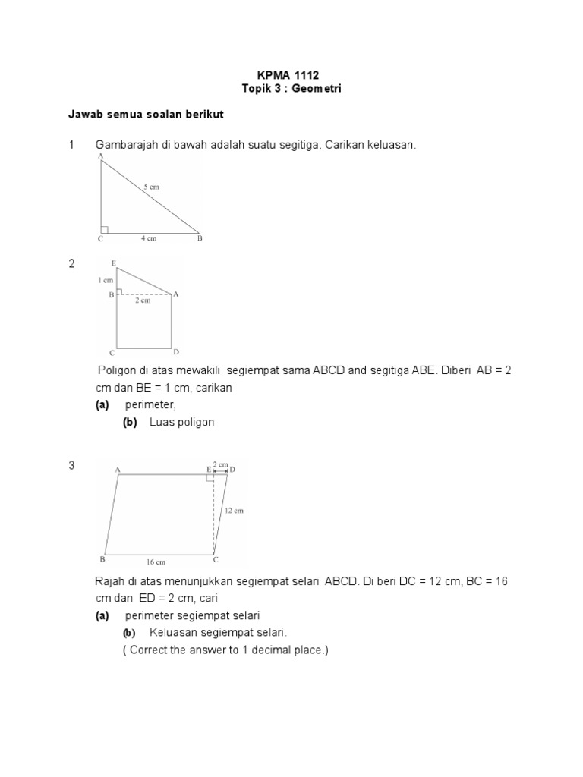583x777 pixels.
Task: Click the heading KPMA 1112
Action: pos(291,75)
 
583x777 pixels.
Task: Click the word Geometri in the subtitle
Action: pos(317,89)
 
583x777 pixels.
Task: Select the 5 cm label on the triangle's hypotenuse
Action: pos(153,186)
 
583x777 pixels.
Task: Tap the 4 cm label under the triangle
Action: pos(149,239)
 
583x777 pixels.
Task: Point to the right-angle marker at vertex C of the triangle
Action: pos(105,228)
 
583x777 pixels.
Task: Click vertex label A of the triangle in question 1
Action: pos(100,156)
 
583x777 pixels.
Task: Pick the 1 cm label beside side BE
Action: pos(105,280)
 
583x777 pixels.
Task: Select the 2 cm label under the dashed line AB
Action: pos(143,300)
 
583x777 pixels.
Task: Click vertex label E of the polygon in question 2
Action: pos(114,263)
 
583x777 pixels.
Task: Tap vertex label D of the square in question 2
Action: pos(175,352)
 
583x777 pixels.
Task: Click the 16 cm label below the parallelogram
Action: pos(155,562)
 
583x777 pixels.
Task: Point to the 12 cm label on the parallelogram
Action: pos(234,511)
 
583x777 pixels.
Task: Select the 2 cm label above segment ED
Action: pos(219,463)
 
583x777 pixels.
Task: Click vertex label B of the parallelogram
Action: pos(102,559)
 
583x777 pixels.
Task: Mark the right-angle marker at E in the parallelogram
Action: pos(210,478)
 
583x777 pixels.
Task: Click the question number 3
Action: pos(72,466)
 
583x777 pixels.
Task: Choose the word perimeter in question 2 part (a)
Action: pos(150,405)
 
